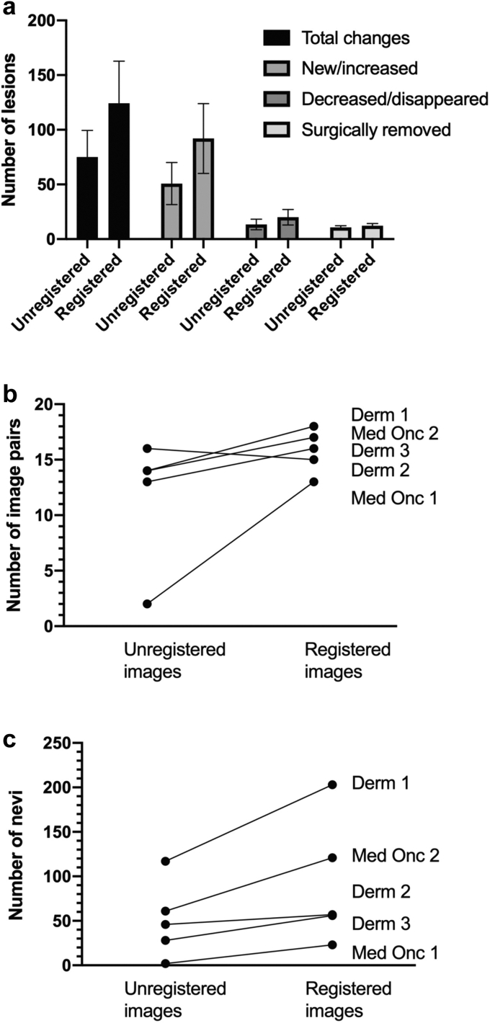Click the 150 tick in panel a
pyautogui.click(x=45, y=76)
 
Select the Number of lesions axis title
pyautogui.click(x=12, y=130)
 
